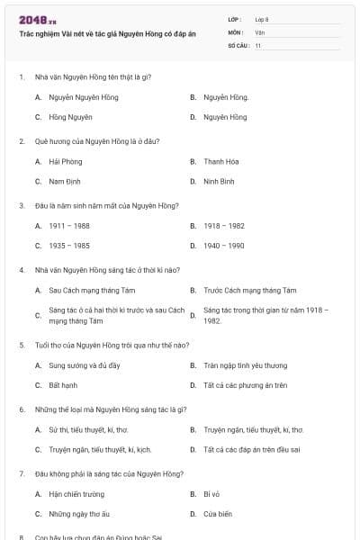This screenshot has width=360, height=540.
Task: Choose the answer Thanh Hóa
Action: [x=220, y=162]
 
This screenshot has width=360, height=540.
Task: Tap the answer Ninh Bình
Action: [x=219, y=181]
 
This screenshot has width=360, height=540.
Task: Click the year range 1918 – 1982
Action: [x=223, y=226]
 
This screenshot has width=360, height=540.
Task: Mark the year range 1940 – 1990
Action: [x=223, y=245]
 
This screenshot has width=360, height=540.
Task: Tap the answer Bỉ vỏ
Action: [x=212, y=495]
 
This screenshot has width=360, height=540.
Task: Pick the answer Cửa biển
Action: [x=218, y=514]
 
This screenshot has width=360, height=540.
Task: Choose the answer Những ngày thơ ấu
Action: [x=78, y=514]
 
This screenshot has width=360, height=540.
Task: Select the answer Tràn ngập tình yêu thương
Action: [x=245, y=366]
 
